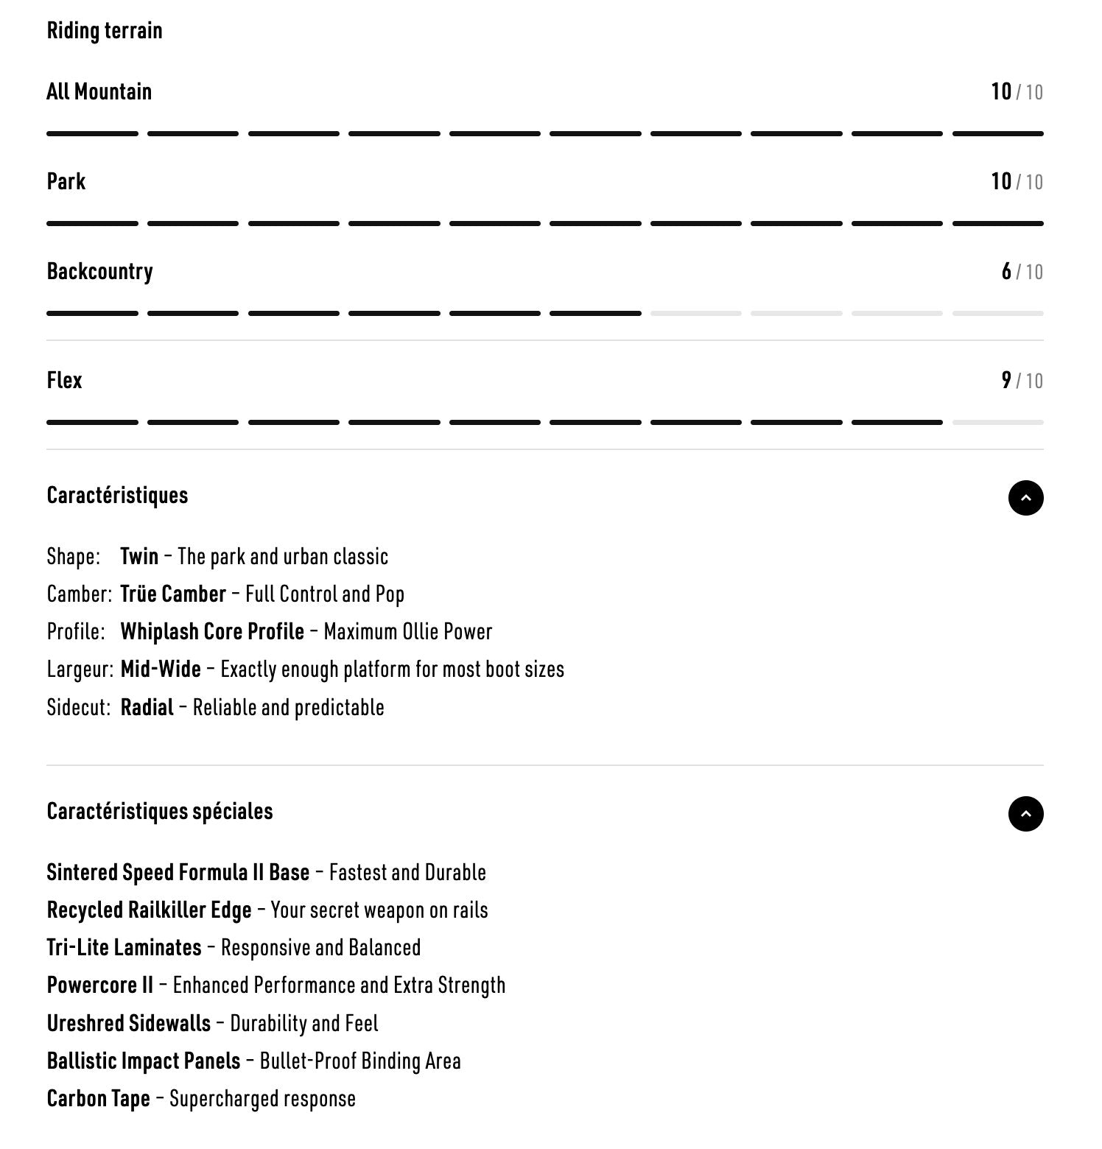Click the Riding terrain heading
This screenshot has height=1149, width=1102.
(x=105, y=31)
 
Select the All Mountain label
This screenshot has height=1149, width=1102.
(x=99, y=92)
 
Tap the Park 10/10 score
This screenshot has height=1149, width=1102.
(x=1016, y=182)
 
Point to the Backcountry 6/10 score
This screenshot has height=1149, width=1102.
(x=1021, y=272)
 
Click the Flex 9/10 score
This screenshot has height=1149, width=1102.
(x=1021, y=381)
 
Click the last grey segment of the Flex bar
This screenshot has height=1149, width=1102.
(x=997, y=423)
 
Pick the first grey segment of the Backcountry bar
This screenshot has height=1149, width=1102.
(x=695, y=314)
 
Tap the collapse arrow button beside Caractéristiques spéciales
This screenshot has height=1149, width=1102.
(x=1025, y=814)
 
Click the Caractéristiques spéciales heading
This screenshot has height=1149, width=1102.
(x=159, y=812)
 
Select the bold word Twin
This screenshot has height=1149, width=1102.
(x=139, y=556)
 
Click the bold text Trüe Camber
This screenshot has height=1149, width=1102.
(x=173, y=594)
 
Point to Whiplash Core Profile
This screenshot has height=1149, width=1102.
(x=212, y=632)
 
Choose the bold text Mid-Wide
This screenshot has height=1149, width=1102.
(x=161, y=670)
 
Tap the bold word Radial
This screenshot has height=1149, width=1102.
(x=147, y=708)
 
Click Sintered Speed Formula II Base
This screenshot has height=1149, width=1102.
(x=178, y=873)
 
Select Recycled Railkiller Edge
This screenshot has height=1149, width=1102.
(x=149, y=910)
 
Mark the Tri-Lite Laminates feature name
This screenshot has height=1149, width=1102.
(x=124, y=948)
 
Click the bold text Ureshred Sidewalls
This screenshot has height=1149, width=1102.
(x=128, y=1024)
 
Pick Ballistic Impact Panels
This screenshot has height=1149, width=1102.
(x=143, y=1061)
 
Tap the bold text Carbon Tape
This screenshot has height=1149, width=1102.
(x=98, y=1099)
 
